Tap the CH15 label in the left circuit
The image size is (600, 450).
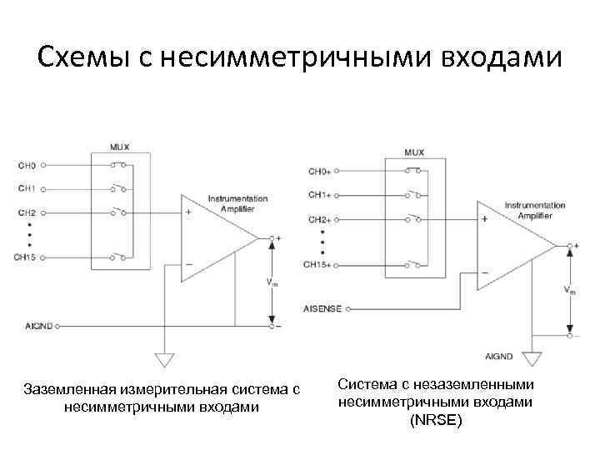27,257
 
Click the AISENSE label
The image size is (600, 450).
322,307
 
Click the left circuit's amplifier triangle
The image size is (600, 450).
212,237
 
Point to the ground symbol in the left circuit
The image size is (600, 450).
165,359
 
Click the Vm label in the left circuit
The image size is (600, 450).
272,282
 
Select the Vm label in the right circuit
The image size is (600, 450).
569,291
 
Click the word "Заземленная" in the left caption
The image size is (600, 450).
68,389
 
